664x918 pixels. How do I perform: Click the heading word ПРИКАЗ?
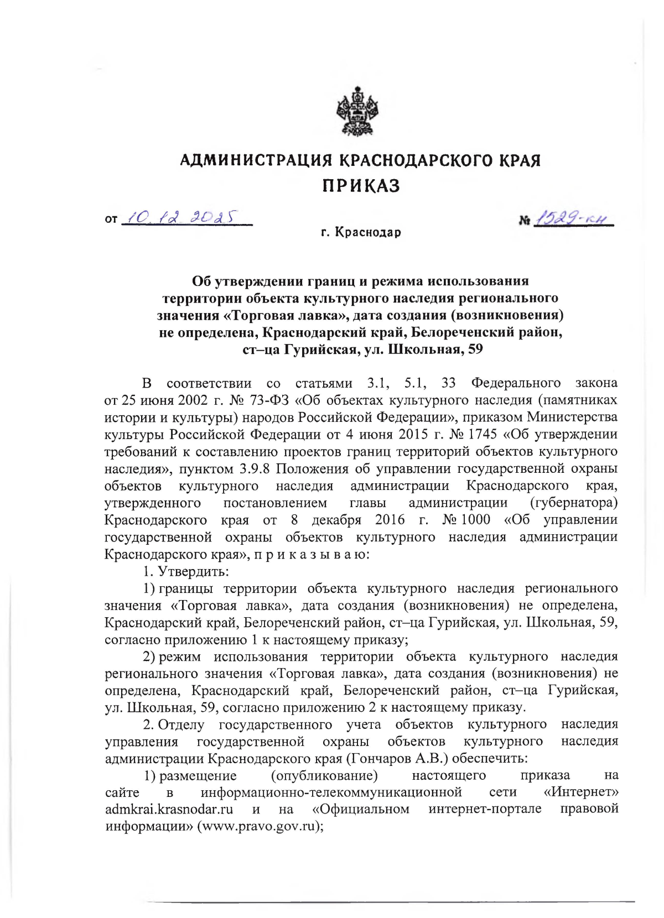point(361,186)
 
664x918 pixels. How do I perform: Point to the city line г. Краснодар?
point(361,233)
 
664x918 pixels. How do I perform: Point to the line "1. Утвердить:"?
point(186,571)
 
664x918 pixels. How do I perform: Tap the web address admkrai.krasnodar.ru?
point(169,810)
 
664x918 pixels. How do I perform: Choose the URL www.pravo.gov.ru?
point(257,827)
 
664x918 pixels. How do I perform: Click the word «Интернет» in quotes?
point(581,792)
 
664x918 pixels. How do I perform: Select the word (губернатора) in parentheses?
point(573,503)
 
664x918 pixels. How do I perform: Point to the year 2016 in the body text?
point(390,520)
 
